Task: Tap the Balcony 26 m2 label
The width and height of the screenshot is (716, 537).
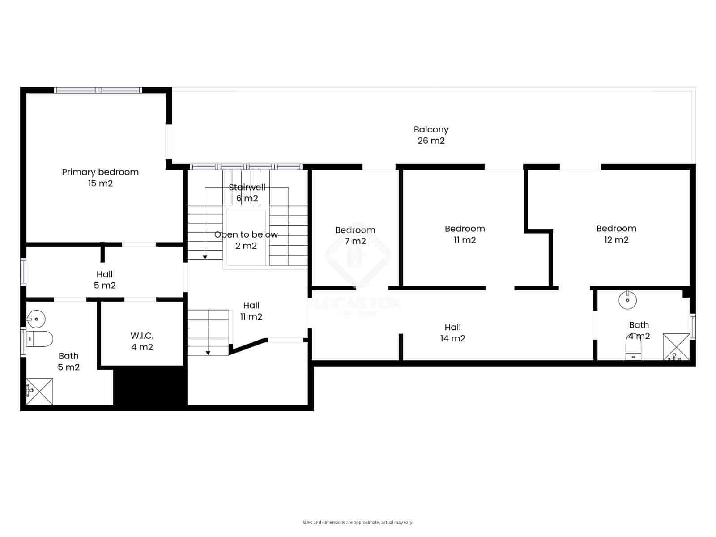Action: tap(431, 135)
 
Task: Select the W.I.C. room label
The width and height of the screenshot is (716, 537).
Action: tap(142, 341)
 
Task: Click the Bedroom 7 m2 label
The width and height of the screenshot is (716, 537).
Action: tap(355, 235)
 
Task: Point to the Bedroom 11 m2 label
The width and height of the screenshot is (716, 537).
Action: tap(465, 234)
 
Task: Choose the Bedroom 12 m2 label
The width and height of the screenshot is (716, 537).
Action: tap(616, 234)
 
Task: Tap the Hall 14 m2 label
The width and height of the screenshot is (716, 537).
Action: tap(452, 332)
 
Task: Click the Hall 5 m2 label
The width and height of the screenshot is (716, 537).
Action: tap(105, 280)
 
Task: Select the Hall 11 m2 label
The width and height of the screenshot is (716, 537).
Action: tap(251, 311)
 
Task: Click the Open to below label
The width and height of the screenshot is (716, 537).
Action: tap(246, 240)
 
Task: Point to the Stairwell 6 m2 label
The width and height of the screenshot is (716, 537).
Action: tap(247, 192)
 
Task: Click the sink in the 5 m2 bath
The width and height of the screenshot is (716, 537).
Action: tap(36, 319)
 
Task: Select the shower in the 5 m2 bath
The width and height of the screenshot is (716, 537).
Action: tap(39, 391)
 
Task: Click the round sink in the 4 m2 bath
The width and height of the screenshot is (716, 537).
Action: tap(627, 300)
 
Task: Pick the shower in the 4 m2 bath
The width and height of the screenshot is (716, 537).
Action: tap(676, 346)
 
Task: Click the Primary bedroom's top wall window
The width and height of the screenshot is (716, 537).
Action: tap(98, 90)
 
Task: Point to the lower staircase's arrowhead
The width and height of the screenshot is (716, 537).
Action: tap(208, 353)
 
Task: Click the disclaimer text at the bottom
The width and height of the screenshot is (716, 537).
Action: tap(358, 522)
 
